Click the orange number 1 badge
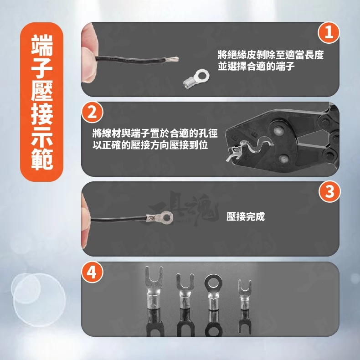point(329,32)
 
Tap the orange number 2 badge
point(93,112)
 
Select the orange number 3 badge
point(329,191)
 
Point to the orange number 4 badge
point(92,272)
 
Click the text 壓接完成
point(246,216)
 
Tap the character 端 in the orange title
point(42,46)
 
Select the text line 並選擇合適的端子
point(256,66)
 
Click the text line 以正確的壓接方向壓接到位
point(150,145)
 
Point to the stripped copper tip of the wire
point(172,59)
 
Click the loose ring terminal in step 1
point(196,79)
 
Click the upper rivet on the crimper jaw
point(278,131)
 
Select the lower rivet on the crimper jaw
point(284,158)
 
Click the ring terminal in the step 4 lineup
point(213,292)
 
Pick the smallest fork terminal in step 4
point(245,294)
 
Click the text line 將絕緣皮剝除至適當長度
point(271,55)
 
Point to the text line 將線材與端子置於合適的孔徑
point(155,134)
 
